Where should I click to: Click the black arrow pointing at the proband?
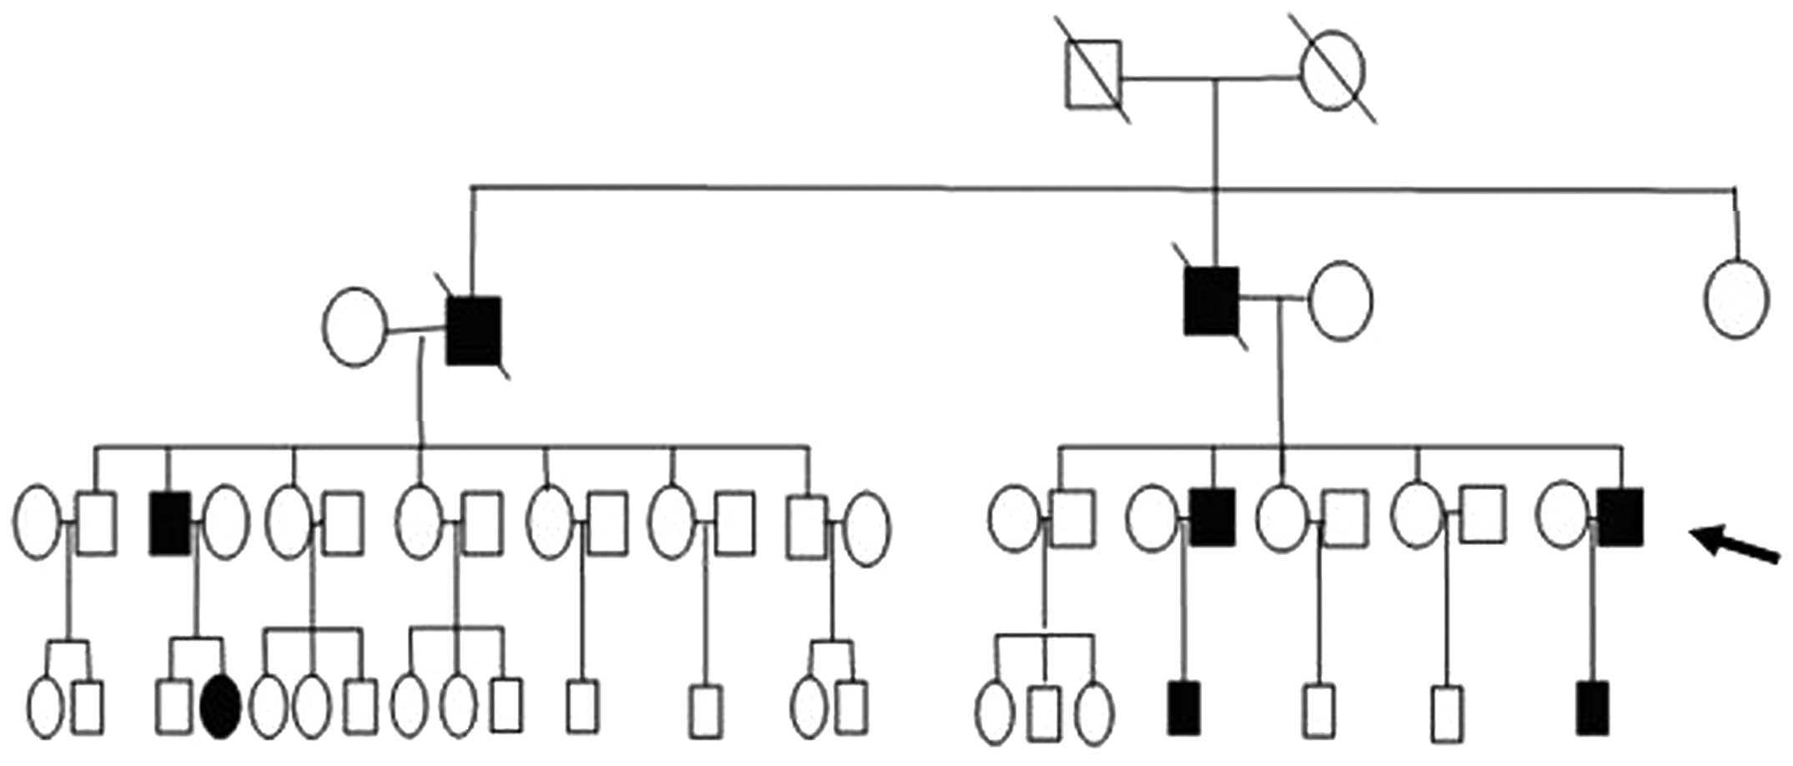tap(1739, 545)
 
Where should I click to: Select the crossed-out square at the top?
tap(1093, 75)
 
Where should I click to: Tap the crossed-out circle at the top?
tap(1333, 71)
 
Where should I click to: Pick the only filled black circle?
tap(222, 707)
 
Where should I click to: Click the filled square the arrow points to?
tap(1620, 517)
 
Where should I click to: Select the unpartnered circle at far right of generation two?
tap(1736, 299)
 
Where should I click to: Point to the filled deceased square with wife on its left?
tap(474, 330)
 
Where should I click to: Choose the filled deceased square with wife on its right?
tap(1211, 301)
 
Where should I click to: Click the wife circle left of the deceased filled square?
tap(354, 326)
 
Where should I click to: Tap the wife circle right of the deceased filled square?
tap(1340, 300)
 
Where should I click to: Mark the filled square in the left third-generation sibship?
tap(170, 523)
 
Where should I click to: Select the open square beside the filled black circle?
tap(173, 707)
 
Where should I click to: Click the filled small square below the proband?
tap(1593, 708)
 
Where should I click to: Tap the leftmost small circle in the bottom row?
tap(46, 708)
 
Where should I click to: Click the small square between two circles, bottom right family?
tap(1045, 713)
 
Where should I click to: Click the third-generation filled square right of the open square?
tap(1213, 517)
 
